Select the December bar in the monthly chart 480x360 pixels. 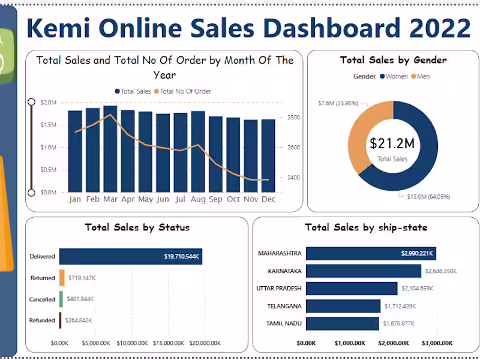pyautogui.click(x=268, y=155)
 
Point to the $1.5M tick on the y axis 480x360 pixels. pyautogui.click(x=49, y=125)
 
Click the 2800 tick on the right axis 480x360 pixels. pyautogui.click(x=294, y=118)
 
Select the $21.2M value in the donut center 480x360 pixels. pyautogui.click(x=392, y=143)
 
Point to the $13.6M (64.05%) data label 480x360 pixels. pyautogui.click(x=424, y=196)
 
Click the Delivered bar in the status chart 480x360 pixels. pyautogui.click(x=130, y=256)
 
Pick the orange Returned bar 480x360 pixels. pyautogui.click(x=61, y=278)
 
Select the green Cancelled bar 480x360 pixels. pyautogui.click(x=61, y=299)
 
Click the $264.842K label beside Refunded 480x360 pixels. pyautogui.click(x=79, y=320)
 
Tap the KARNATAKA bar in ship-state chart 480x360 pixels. pyautogui.click(x=364, y=271)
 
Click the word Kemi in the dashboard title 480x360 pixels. pyautogui.click(x=62, y=28)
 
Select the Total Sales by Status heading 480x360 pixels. pyautogui.click(x=137, y=227)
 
